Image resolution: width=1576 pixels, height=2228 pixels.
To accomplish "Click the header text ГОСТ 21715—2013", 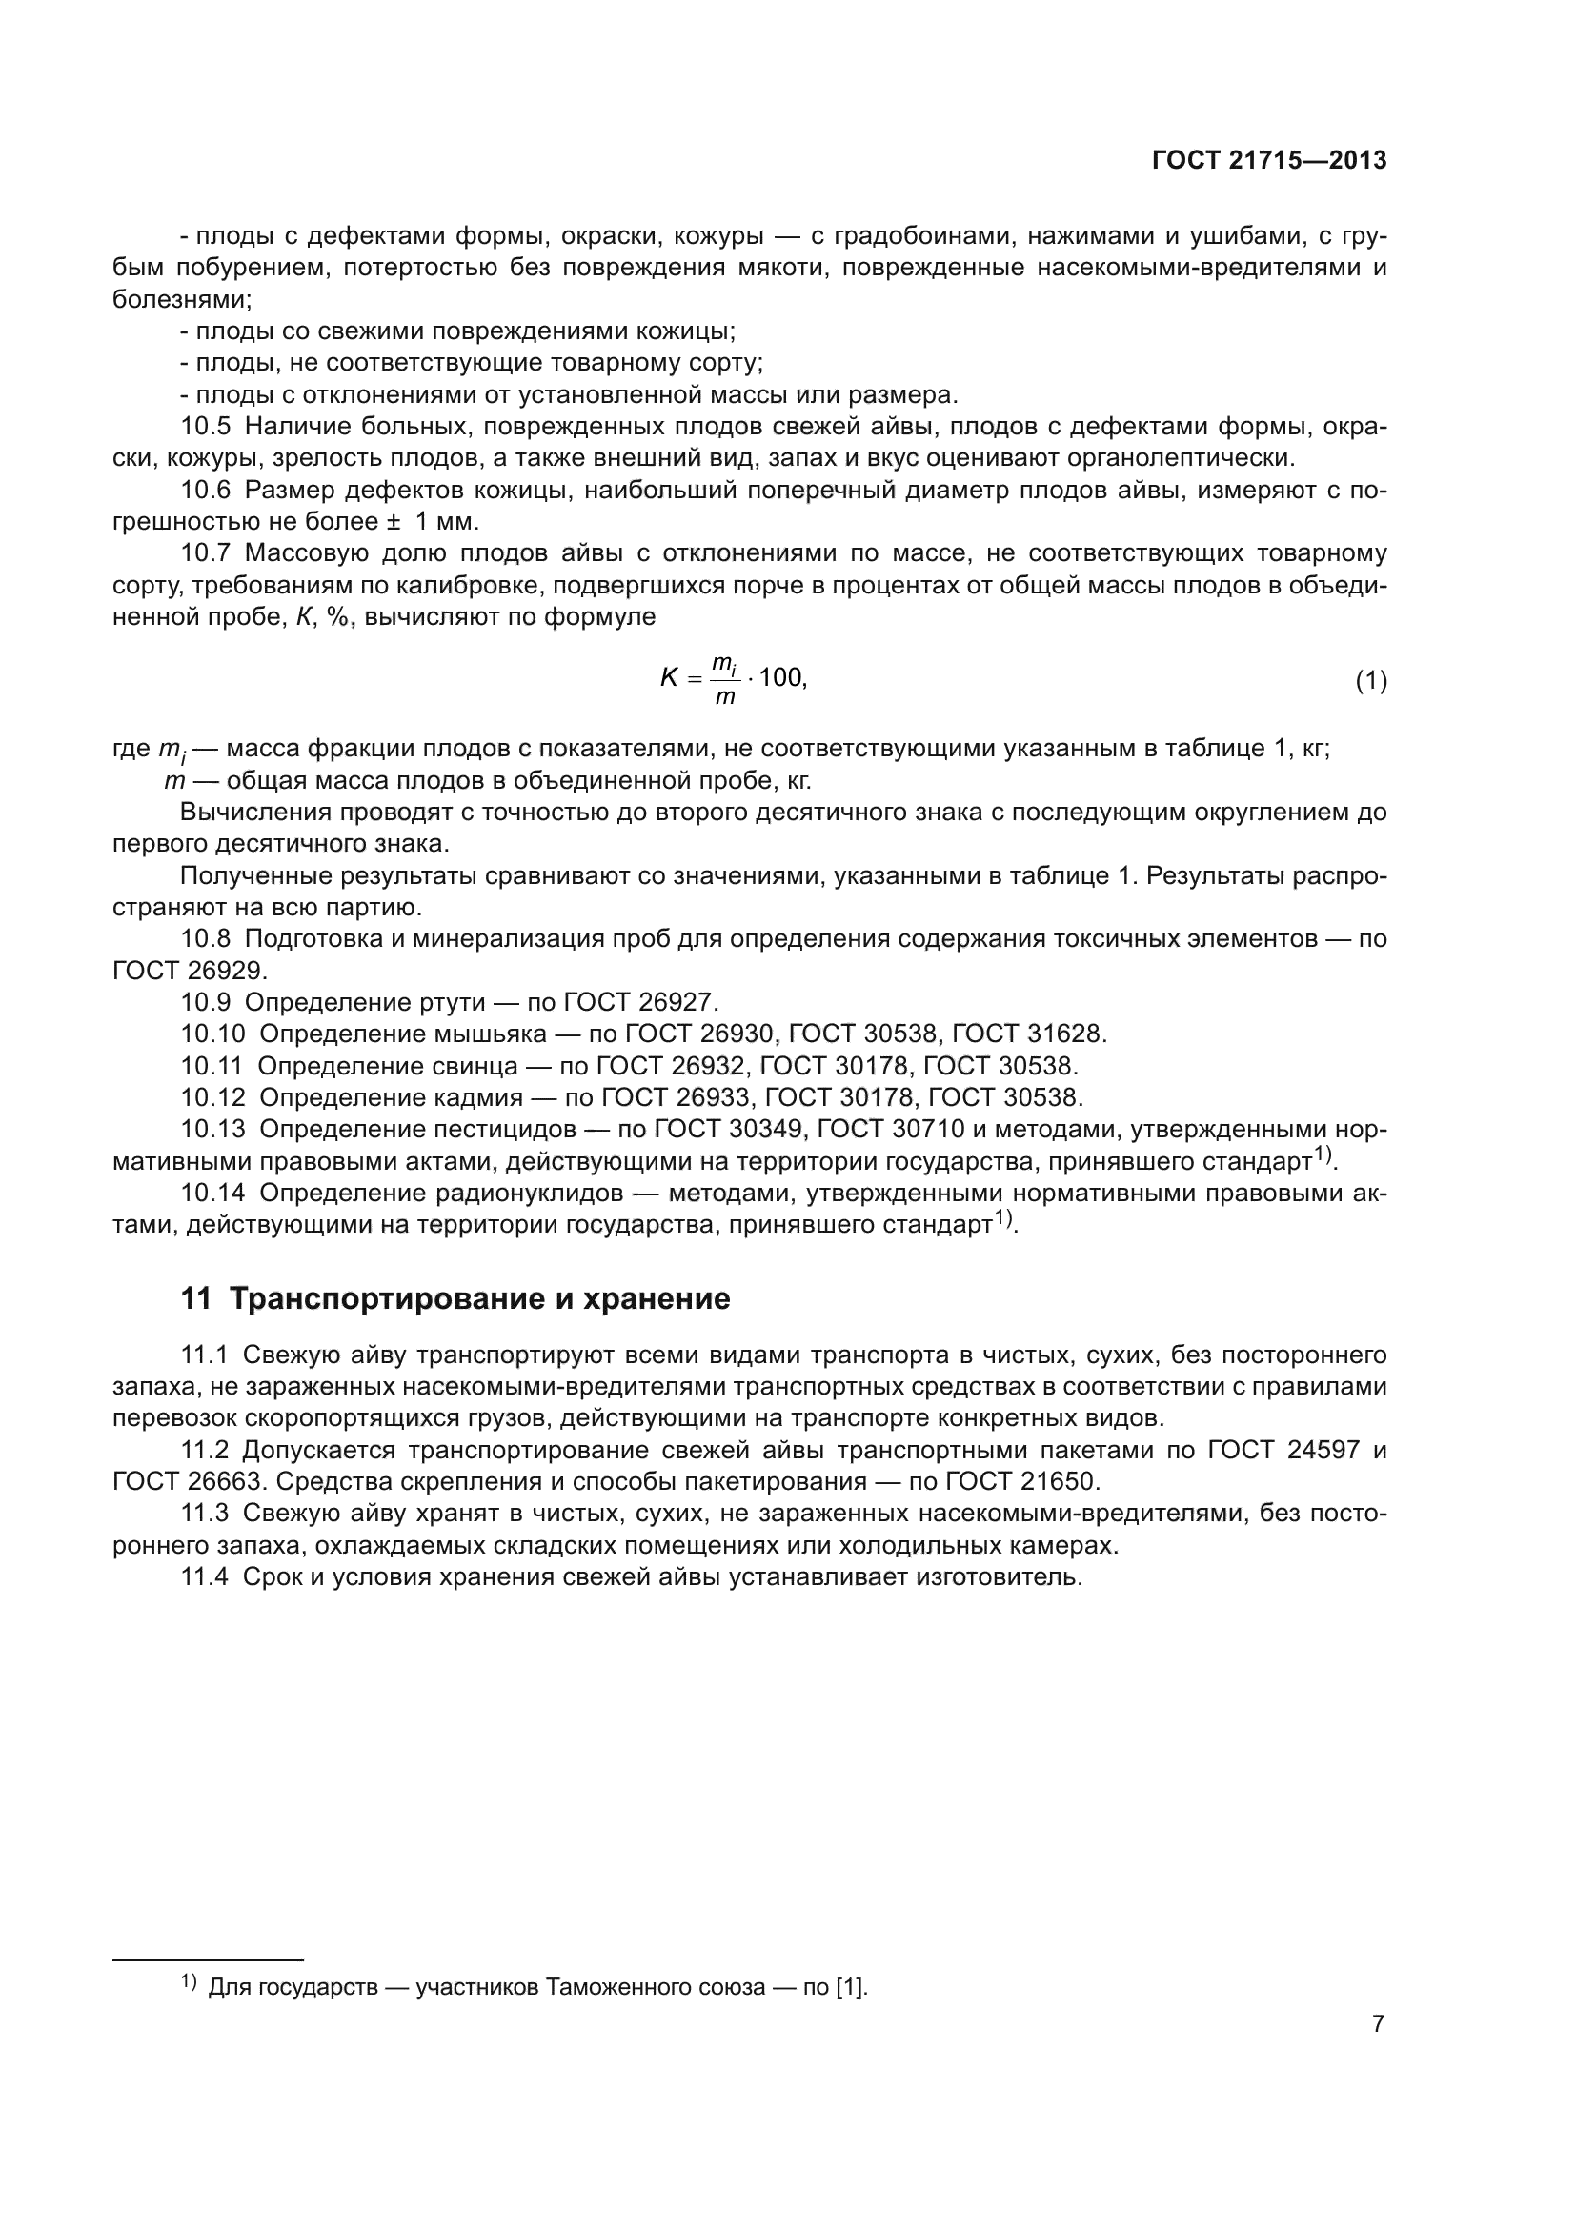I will tap(1268, 161).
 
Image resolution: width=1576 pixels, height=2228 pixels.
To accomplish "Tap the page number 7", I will tap(1378, 2024).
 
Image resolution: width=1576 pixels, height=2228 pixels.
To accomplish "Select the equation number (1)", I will tap(1370, 681).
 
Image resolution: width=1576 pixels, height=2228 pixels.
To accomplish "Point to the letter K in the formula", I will tap(669, 678).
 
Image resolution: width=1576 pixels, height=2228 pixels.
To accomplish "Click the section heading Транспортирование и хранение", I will tap(479, 1298).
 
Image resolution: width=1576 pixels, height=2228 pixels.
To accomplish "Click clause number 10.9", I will tap(206, 1001).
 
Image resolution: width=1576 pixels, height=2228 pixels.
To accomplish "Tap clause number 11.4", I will tap(205, 1576).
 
